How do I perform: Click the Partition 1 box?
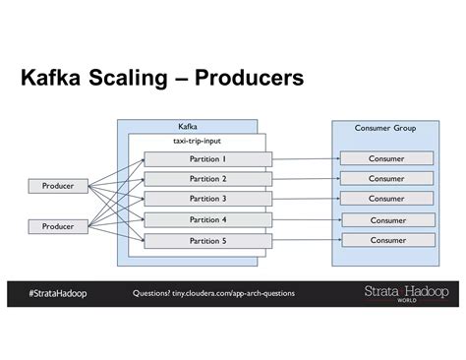206,158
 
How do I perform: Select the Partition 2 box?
206,179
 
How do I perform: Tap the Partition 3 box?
206,199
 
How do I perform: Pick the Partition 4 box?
206,220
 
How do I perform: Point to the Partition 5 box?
206,241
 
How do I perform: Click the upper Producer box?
58,185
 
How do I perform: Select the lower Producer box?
58,226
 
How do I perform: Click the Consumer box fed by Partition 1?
386,158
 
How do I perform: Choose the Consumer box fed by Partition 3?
386,199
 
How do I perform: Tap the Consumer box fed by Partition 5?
386,240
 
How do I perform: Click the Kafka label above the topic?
187,127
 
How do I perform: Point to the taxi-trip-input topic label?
197,142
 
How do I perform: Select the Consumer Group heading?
385,128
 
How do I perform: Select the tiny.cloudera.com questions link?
213,293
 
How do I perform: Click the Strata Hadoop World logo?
406,293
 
